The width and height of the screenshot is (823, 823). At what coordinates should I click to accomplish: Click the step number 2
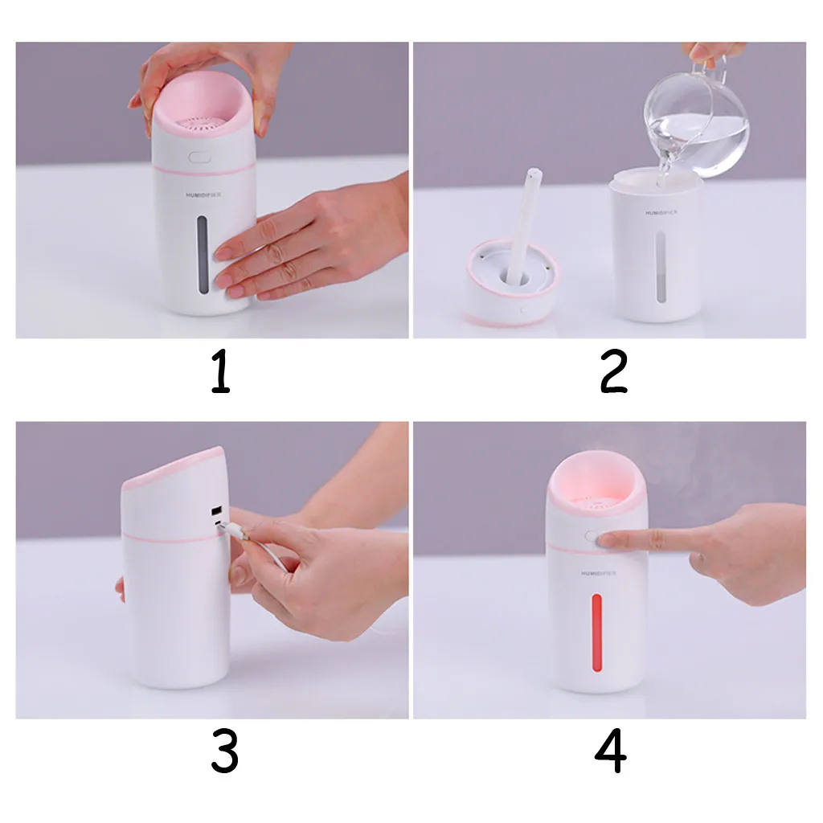(613, 371)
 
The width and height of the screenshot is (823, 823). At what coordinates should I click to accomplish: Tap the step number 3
(225, 751)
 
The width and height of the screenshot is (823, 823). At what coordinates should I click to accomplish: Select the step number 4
(611, 751)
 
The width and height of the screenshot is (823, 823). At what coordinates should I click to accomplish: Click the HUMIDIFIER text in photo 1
(203, 194)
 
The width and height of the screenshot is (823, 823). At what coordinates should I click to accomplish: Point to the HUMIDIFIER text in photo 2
(661, 212)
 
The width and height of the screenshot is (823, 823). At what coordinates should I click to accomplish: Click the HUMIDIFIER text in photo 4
(598, 573)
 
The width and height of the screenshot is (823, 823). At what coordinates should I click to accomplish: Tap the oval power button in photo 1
(199, 157)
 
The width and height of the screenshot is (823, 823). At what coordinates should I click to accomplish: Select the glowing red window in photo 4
(597, 633)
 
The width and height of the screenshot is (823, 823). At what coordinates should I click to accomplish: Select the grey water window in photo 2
(661, 268)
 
